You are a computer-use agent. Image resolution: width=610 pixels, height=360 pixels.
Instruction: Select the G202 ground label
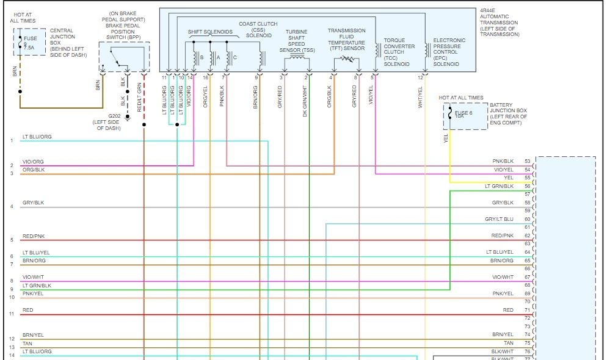point(115,116)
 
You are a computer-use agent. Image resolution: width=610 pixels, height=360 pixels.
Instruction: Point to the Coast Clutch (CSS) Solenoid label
point(255,29)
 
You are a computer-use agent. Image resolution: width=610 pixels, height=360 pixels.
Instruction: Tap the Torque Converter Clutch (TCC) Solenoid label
point(399,52)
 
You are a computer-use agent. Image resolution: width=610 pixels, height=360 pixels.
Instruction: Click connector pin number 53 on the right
point(528,161)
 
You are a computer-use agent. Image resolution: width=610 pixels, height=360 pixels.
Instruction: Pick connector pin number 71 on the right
point(528,310)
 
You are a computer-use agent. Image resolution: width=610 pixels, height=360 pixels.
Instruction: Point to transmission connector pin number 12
point(420,77)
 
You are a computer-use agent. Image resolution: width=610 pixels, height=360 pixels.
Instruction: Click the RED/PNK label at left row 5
point(33,236)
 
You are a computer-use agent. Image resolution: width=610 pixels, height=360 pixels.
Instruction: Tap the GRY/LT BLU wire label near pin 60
point(499,219)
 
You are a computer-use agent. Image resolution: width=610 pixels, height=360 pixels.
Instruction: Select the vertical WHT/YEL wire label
point(420,98)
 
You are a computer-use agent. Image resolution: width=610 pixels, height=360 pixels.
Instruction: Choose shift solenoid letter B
point(202,58)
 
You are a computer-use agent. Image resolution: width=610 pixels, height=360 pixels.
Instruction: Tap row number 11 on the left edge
point(11,314)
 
